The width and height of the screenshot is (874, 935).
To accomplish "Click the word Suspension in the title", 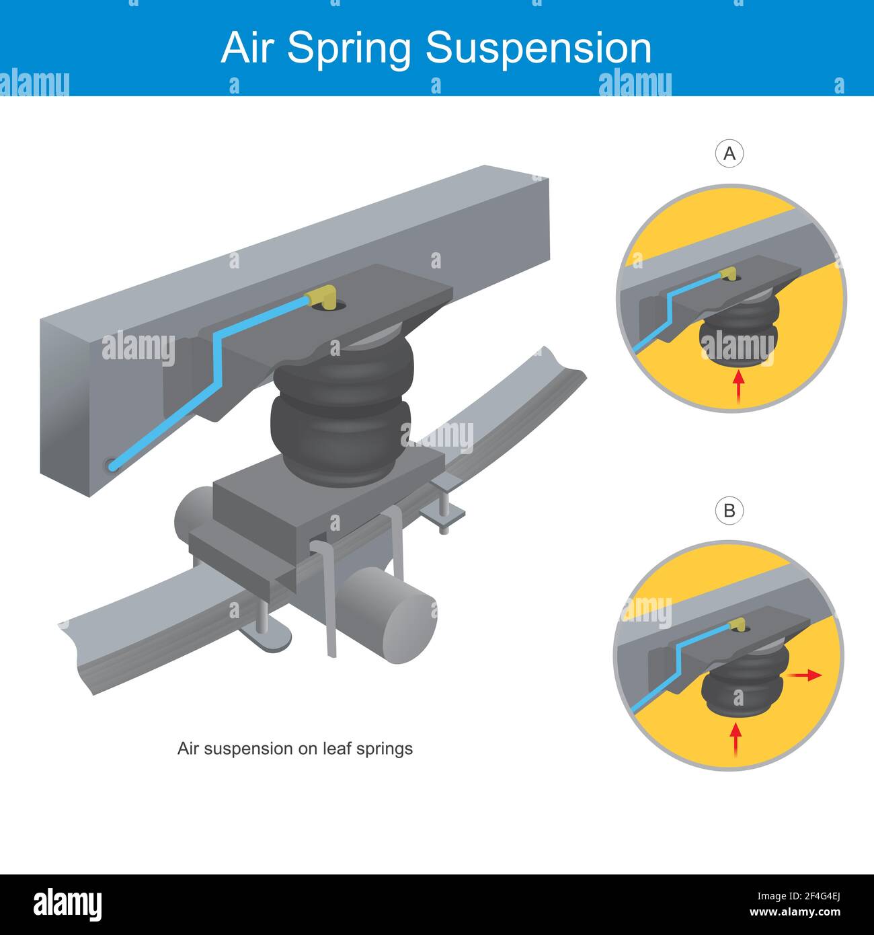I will (x=539, y=49).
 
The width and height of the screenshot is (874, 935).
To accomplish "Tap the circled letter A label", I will (x=729, y=154).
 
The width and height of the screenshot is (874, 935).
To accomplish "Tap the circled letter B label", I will (x=729, y=511).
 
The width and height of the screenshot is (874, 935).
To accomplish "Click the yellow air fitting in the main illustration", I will (x=321, y=298).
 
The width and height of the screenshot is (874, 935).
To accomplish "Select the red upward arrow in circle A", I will (x=738, y=388).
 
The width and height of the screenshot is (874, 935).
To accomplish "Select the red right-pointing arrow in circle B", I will (x=805, y=675).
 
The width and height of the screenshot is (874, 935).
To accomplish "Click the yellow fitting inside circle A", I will (x=727, y=274).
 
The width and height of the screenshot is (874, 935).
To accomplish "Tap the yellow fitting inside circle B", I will (x=738, y=626).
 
